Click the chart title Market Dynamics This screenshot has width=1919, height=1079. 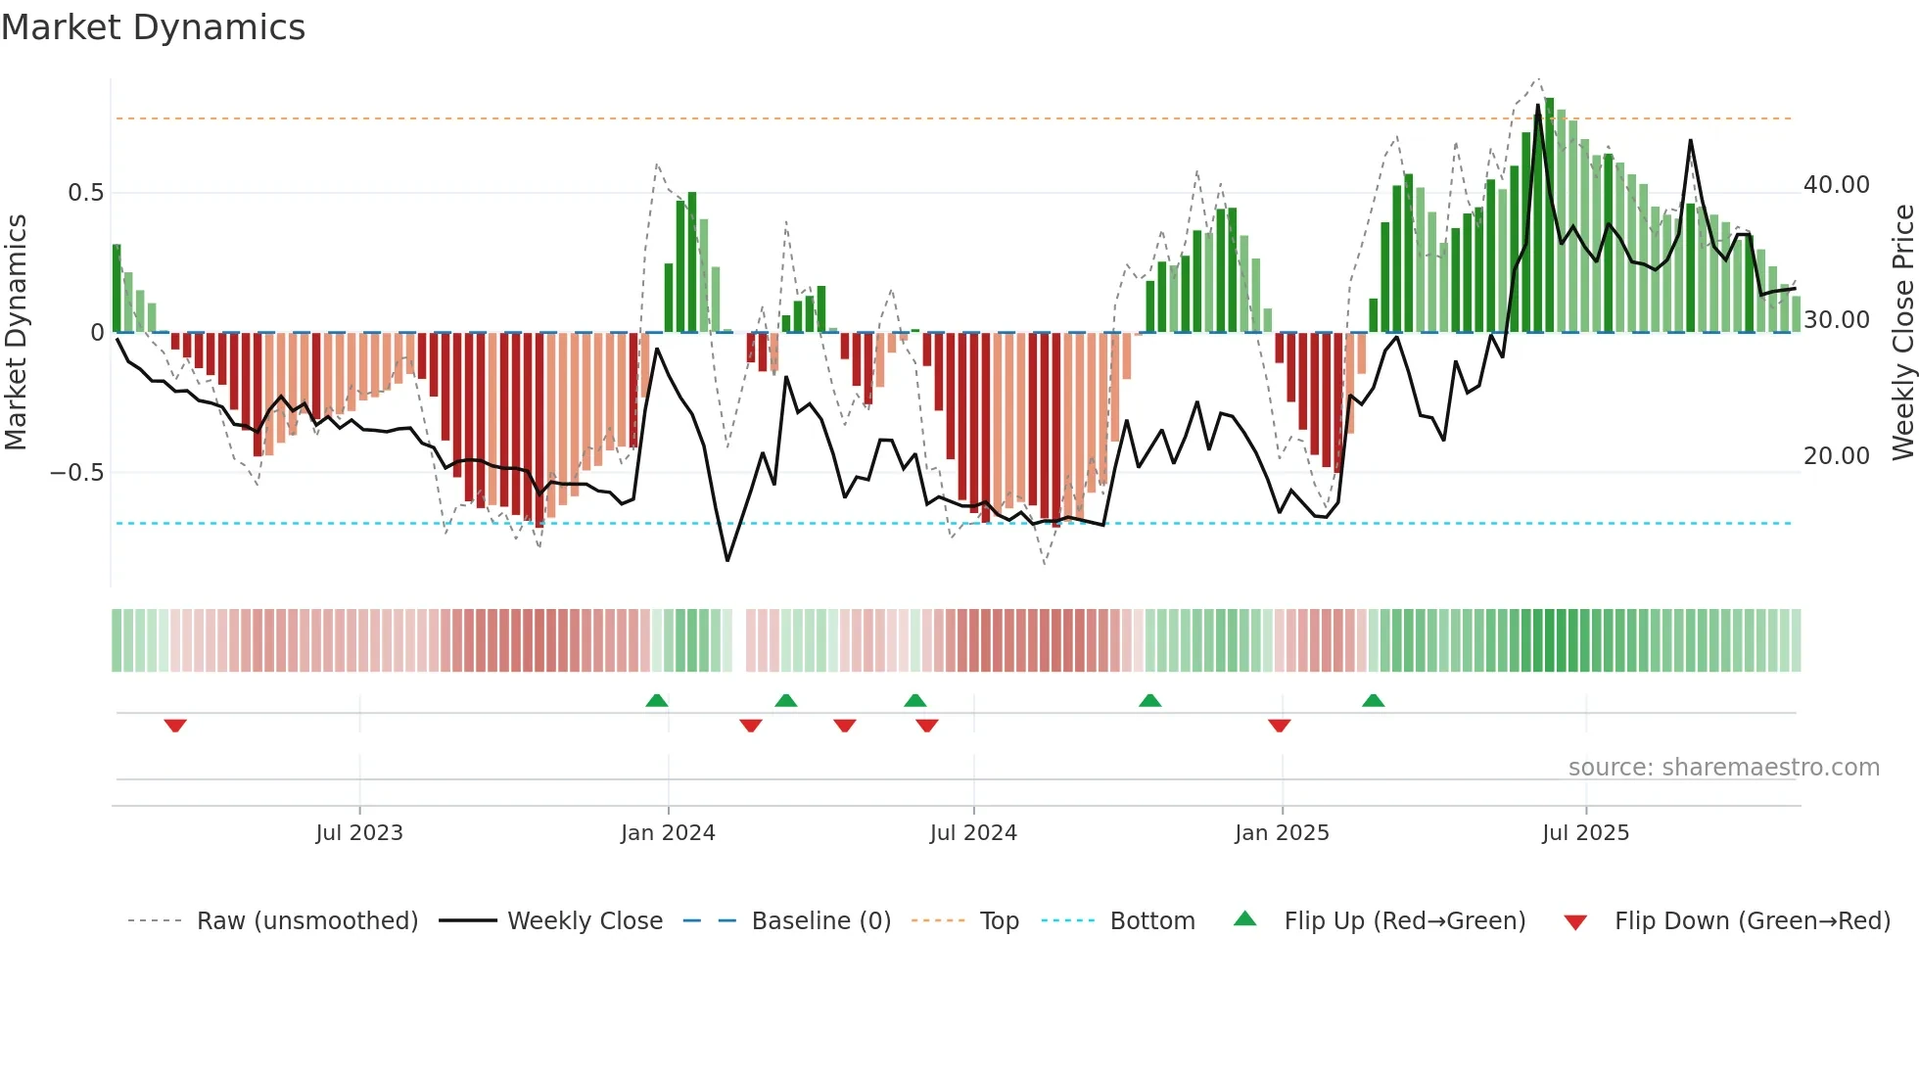pos(153,27)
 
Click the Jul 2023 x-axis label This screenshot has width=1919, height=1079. pos(359,833)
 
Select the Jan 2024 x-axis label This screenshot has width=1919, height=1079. pos(668,833)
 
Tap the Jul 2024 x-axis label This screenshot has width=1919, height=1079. pos(973,833)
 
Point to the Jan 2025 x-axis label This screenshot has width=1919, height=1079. pos(1282,833)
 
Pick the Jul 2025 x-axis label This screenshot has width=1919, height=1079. pos(1585,833)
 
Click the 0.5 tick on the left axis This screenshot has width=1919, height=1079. pos(86,193)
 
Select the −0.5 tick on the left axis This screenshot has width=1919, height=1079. pos(77,473)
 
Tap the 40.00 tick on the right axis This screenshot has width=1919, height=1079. pos(1836,185)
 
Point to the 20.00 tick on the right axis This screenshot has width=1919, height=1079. pos(1836,456)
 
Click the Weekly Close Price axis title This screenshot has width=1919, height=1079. pos(1902,333)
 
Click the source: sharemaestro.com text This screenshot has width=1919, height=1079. pos(1723,768)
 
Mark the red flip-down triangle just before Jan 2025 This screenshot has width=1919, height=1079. pos(1279,726)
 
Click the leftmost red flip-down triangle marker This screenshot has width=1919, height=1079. pos(175,726)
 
